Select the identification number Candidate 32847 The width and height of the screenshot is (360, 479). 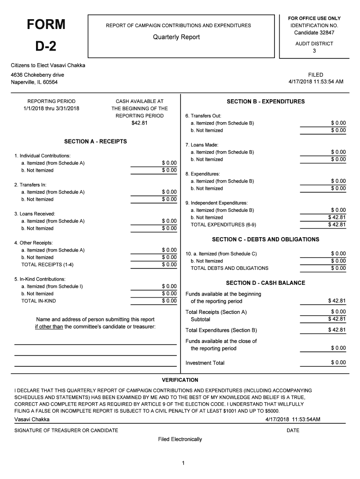coord(314,33)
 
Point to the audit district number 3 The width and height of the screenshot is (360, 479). coord(314,51)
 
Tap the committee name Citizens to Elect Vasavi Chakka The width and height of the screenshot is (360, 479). coord(48,65)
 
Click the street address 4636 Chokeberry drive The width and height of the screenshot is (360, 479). coord(37,75)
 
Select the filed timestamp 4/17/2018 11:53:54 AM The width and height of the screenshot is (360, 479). coord(316,82)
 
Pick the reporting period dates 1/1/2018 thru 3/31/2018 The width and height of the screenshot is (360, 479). coord(51,109)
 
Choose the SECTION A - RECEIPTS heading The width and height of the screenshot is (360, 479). coord(95,141)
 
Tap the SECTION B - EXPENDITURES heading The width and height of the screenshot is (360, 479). coord(266,102)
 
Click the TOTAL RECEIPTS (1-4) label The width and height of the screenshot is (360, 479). coord(47,265)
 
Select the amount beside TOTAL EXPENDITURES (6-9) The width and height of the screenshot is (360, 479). coord(337,225)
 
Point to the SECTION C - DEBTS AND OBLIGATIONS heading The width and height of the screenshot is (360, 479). coord(266,239)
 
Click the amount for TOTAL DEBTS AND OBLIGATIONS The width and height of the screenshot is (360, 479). coord(338,268)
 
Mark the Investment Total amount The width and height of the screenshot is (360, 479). coord(338,363)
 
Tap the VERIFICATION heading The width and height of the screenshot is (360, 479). coord(180,380)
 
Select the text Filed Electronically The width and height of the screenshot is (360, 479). coord(180,439)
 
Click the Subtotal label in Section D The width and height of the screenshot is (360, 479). coord(200,319)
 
